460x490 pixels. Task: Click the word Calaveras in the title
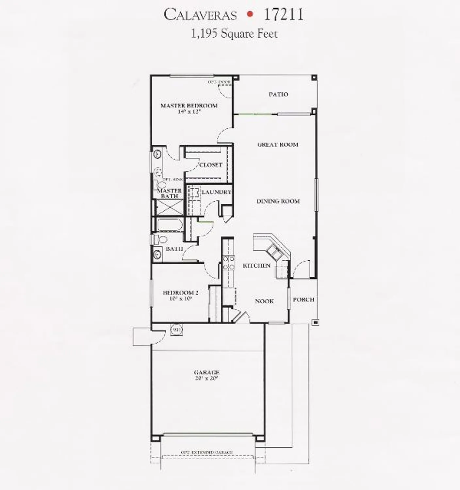tap(200, 15)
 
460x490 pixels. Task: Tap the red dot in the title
tap(250, 14)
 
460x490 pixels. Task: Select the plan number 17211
tap(283, 14)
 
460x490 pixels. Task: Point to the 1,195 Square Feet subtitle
tap(234, 34)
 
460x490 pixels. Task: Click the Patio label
tap(278, 94)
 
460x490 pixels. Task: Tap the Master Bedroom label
tap(189, 106)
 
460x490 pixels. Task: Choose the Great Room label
tap(278, 144)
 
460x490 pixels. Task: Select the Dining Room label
tap(278, 201)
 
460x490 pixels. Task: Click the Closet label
tap(211, 165)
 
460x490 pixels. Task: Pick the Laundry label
tap(216, 192)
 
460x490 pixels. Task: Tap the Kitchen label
tap(257, 266)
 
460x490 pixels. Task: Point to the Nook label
tap(264, 301)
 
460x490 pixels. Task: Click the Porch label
tap(304, 299)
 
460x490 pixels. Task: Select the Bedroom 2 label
tap(180, 293)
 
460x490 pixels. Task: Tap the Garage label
tap(206, 372)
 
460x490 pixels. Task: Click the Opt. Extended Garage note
tap(207, 452)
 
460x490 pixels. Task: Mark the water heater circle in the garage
tap(176, 330)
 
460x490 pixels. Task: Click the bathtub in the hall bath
tap(168, 224)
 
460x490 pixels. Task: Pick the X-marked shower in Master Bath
tap(170, 207)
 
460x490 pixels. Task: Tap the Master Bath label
tap(170, 193)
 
